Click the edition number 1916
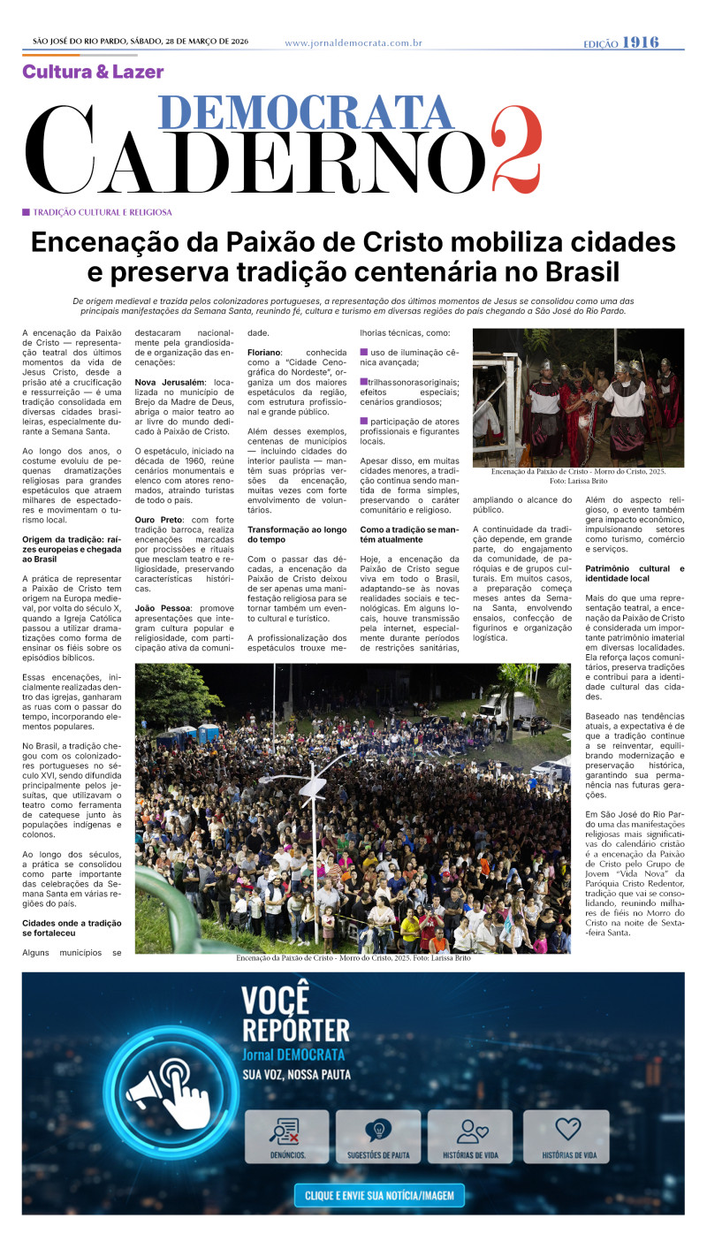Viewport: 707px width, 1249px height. click(640, 42)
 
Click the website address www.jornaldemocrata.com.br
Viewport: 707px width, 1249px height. click(353, 43)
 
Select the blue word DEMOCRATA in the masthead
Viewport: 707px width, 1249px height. click(306, 113)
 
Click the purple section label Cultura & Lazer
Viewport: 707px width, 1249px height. click(93, 72)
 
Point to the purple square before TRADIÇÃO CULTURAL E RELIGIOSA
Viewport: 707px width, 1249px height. click(27, 212)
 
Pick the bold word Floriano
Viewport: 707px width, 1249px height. click(265, 352)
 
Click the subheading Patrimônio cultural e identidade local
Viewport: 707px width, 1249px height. click(634, 573)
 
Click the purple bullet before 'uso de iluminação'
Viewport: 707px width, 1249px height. click(364, 353)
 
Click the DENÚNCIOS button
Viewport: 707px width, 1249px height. click(286, 1136)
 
